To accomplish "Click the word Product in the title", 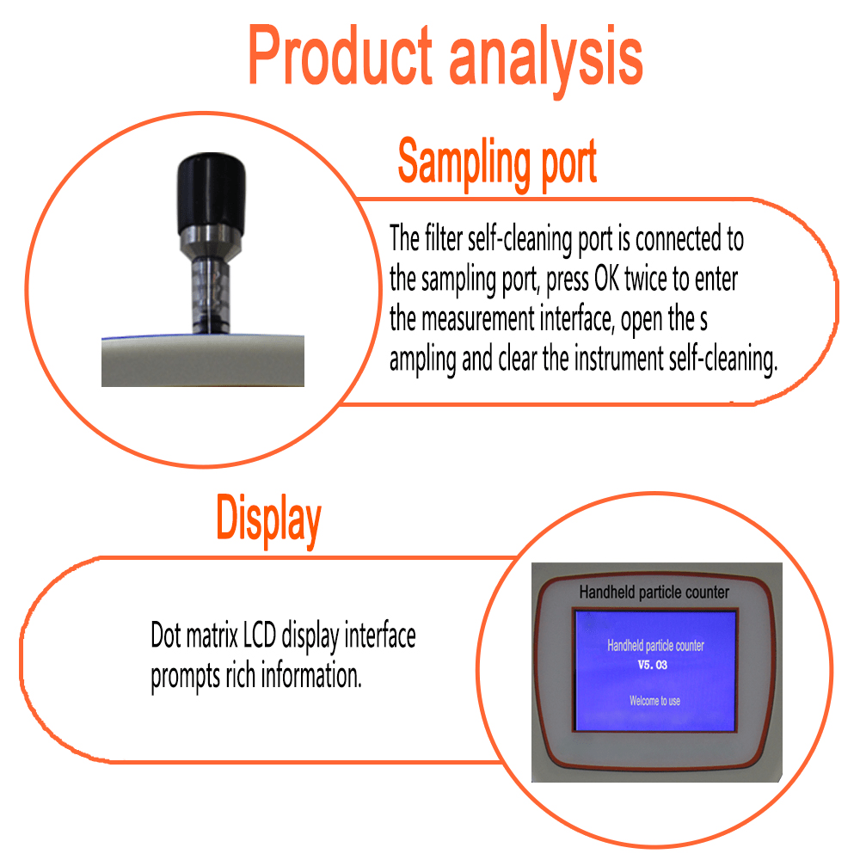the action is point(340,55).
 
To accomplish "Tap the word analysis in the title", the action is point(546,60).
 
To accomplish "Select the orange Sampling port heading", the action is point(497,163).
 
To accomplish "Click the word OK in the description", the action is point(606,279).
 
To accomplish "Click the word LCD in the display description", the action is point(260,636).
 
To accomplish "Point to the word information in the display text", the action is point(311,675).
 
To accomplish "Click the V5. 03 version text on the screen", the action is point(652,665).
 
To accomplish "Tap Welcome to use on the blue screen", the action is point(654,701).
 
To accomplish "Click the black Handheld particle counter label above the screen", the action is point(654,593).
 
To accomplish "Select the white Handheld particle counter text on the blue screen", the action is point(655,646).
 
